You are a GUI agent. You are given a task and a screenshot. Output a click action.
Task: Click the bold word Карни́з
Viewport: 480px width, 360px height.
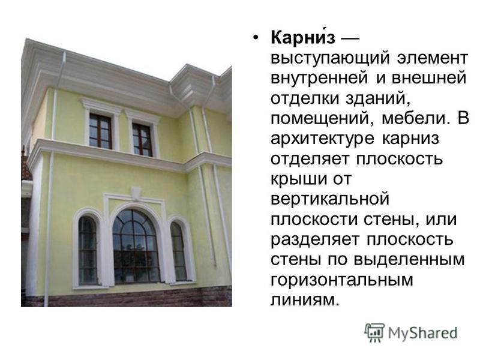tap(302, 38)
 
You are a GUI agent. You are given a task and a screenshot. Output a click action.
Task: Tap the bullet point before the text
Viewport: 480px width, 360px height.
tap(256, 38)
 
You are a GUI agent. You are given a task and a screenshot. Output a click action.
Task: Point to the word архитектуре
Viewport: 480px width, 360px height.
tap(322, 139)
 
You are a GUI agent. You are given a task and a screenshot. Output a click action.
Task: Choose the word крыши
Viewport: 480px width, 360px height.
tap(293, 179)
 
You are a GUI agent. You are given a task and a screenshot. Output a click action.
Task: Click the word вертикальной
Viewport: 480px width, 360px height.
tap(330, 200)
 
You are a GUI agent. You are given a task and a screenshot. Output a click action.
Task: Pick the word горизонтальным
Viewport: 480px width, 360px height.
tap(342, 281)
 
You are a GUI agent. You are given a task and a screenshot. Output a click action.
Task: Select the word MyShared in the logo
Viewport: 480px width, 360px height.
tap(422, 333)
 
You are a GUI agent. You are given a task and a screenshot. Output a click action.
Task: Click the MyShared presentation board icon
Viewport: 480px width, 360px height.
tap(374, 332)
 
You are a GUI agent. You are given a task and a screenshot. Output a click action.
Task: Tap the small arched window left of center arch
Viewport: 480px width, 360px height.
tap(88, 250)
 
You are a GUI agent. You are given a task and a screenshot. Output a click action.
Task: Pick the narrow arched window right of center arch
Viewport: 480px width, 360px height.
tap(178, 251)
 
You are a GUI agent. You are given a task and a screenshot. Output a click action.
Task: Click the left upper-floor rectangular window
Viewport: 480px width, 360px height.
tap(100, 131)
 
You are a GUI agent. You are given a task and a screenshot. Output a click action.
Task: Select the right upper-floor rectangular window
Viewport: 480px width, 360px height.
tap(142, 140)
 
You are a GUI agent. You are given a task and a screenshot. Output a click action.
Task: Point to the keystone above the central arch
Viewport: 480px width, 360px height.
tap(136, 193)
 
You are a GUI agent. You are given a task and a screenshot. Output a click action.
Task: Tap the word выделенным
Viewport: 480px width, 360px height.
tap(409, 260)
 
